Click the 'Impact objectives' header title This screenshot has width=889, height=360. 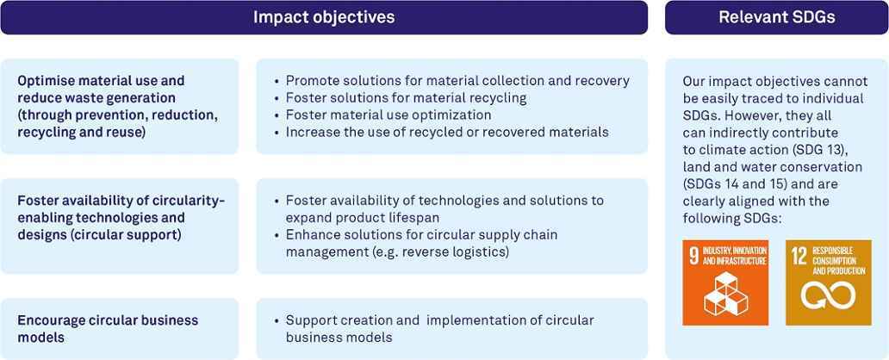pyautogui.click(x=324, y=17)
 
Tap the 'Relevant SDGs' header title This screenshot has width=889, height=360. pyautogui.click(x=777, y=17)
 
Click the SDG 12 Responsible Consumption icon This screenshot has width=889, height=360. pyautogui.click(x=829, y=282)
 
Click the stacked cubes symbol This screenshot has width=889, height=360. pyautogui.click(x=725, y=294)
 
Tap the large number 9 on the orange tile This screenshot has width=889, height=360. pyautogui.click(x=693, y=256)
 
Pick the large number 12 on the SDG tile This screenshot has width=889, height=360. pyautogui.click(x=799, y=256)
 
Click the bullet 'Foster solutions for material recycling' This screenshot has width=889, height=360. pyautogui.click(x=406, y=98)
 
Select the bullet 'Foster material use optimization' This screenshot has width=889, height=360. pyautogui.click(x=389, y=115)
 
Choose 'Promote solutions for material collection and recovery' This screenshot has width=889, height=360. pyautogui.click(x=457, y=81)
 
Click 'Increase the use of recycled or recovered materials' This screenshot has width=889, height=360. pyautogui.click(x=447, y=132)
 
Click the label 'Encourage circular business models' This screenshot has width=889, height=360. pyautogui.click(x=109, y=329)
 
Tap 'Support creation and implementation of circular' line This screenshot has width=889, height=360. pyautogui.click(x=440, y=320)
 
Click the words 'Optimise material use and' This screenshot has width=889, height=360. pyautogui.click(x=101, y=81)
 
